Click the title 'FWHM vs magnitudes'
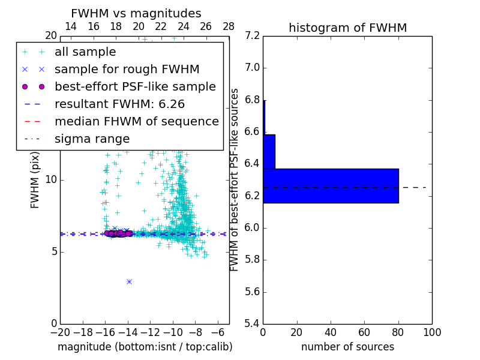tap(136, 13)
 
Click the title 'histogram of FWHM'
tap(347, 28)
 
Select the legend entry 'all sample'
tap(85, 52)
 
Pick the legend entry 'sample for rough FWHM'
tap(127, 69)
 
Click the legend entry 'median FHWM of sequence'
tap(136, 121)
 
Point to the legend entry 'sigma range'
tap(92, 139)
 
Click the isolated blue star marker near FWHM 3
tap(129, 281)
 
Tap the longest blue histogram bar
tap(331, 185)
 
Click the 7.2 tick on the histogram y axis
tap(252, 35)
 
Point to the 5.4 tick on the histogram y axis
tap(252, 323)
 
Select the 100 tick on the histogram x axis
tap(432, 332)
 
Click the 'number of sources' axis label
tap(347, 347)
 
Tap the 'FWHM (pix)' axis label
tap(35, 179)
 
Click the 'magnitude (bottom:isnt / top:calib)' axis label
tap(145, 347)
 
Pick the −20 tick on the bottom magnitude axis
tap(60, 332)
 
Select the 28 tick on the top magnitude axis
tap(229, 26)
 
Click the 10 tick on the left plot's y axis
tap(51, 179)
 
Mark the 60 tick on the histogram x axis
tap(364, 332)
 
